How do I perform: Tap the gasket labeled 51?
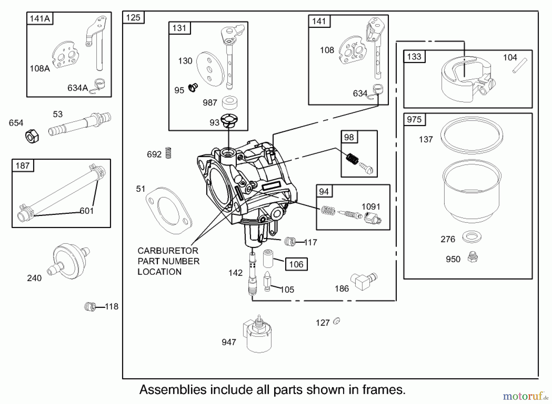point(169,211)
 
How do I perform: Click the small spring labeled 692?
point(168,153)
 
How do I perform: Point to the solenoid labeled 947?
point(258,336)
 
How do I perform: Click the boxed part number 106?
point(296,264)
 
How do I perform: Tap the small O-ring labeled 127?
point(336,321)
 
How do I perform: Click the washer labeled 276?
point(472,237)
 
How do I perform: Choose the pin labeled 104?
point(519,66)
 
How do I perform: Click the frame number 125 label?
point(133,18)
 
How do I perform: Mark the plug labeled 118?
point(90,306)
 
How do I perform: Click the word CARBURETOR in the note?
point(168,251)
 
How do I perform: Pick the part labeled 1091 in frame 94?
point(372,218)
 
